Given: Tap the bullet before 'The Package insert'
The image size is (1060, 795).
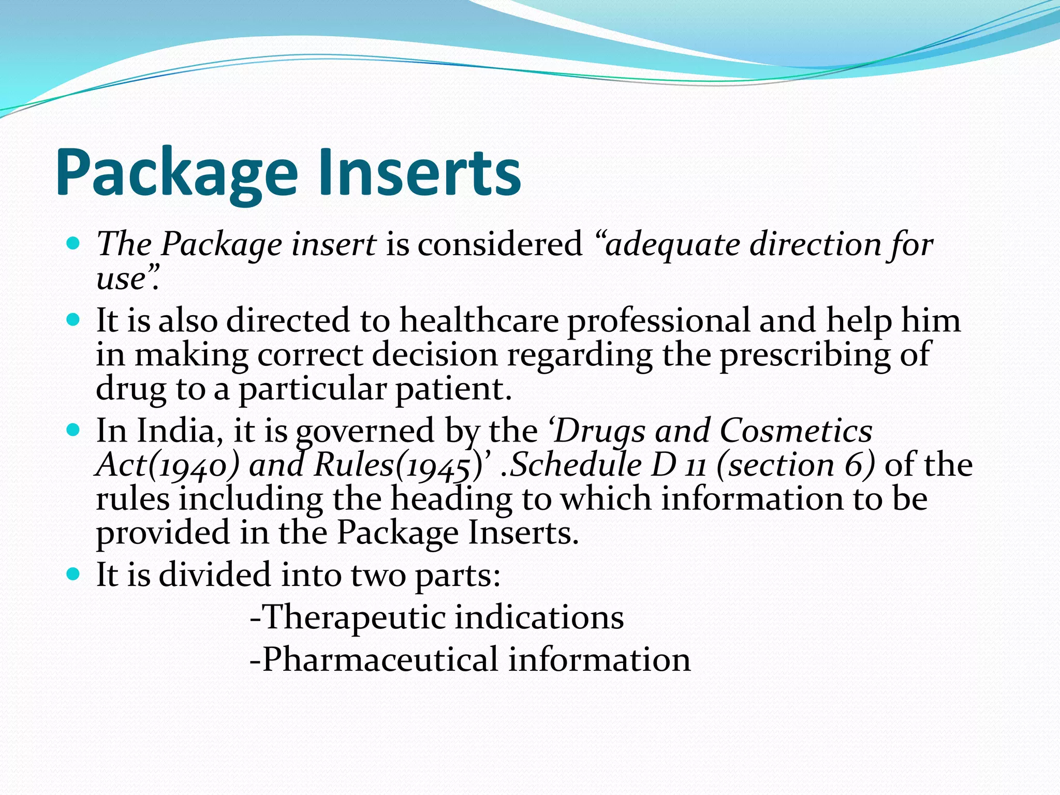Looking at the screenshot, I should click(73, 243).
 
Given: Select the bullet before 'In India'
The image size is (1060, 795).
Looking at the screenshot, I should click(73, 430).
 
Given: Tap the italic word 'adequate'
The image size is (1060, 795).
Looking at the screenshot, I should click(673, 245).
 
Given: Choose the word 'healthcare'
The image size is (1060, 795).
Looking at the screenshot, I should click(479, 320).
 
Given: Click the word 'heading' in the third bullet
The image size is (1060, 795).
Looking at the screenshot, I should click(450, 499).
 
